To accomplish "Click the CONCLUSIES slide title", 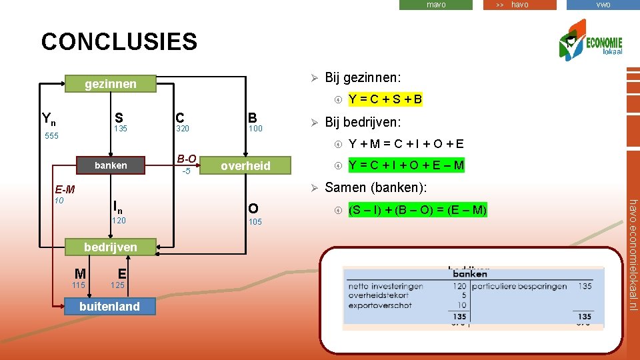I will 119,42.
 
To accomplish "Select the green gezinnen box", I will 111,83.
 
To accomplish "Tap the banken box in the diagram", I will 111,165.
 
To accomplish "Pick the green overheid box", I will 245,166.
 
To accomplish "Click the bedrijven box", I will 111,247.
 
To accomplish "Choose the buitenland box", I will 109,307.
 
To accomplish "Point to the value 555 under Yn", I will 51,136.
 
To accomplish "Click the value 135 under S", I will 121,129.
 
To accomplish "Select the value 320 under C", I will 183,129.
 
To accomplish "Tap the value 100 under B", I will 255,129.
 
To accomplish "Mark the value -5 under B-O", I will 187,171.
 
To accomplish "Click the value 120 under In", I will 119,220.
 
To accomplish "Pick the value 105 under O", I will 255,222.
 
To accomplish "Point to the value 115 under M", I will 79,285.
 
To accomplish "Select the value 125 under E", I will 117,285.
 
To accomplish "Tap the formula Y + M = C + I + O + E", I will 407,143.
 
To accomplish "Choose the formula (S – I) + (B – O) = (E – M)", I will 418,211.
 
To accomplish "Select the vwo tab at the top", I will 603,5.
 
